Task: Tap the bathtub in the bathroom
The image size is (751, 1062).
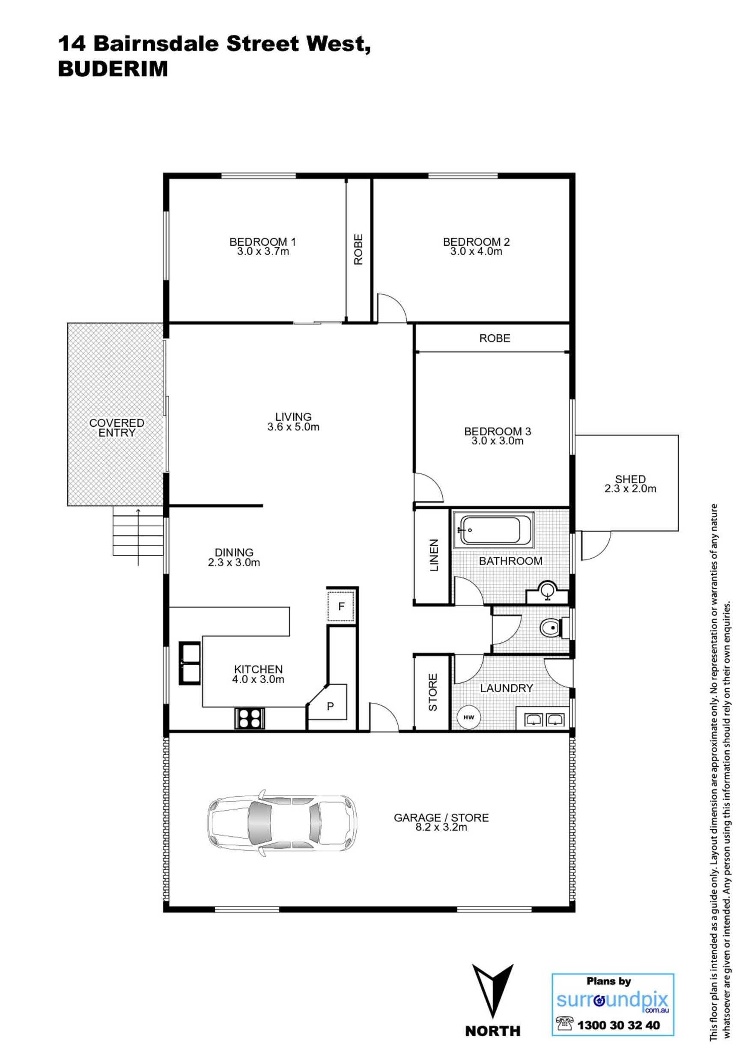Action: click(493, 530)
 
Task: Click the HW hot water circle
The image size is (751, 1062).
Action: click(469, 717)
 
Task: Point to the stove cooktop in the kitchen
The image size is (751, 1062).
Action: click(250, 719)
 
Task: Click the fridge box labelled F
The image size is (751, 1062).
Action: click(341, 607)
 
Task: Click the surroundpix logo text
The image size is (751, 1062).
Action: click(612, 1000)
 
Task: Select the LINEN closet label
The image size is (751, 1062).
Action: click(434, 555)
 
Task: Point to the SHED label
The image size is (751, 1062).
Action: click(630, 479)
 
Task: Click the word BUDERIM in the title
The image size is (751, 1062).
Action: click(113, 69)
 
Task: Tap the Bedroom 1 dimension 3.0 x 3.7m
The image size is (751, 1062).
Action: click(263, 252)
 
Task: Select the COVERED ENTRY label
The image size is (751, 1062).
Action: click(116, 428)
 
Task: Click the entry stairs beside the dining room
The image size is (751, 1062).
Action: click(138, 530)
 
